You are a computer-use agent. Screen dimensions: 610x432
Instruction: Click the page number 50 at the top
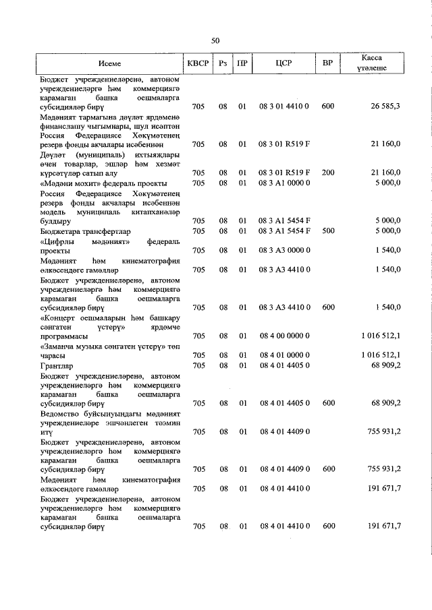click(215, 40)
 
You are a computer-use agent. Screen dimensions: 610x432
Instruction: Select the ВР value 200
click(328, 173)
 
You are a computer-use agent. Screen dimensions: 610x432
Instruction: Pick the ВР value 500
click(328, 231)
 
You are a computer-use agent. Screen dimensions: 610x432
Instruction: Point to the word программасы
click(64, 336)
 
